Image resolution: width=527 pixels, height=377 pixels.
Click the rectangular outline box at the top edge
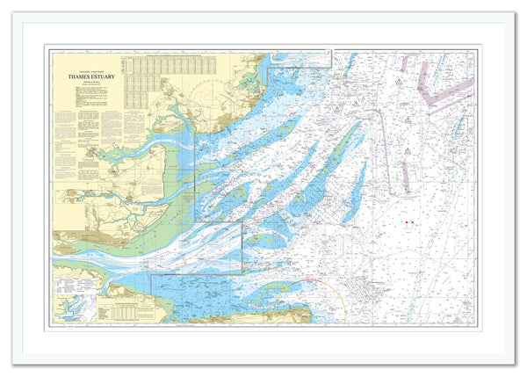click(x=300, y=59)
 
